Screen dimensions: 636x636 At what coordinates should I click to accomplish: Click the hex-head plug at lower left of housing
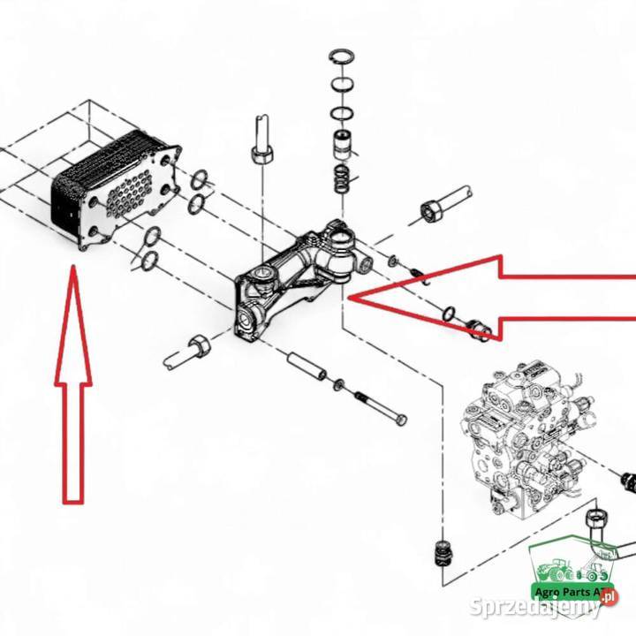point(198,345)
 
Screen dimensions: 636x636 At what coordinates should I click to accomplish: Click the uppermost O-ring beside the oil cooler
point(200,180)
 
